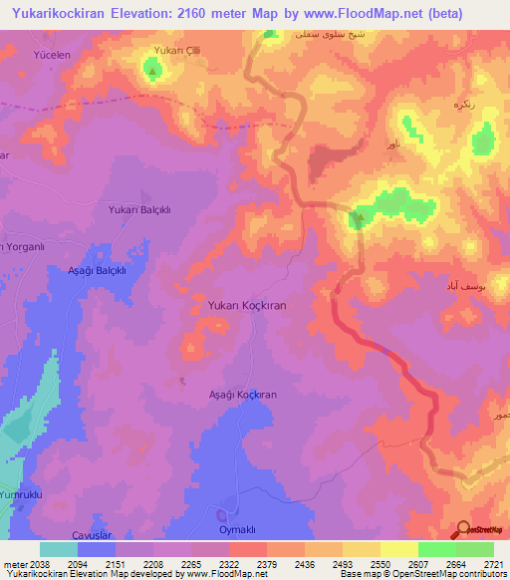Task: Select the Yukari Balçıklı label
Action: (140, 209)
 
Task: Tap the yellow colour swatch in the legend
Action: (399, 549)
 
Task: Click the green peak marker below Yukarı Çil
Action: (151, 69)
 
